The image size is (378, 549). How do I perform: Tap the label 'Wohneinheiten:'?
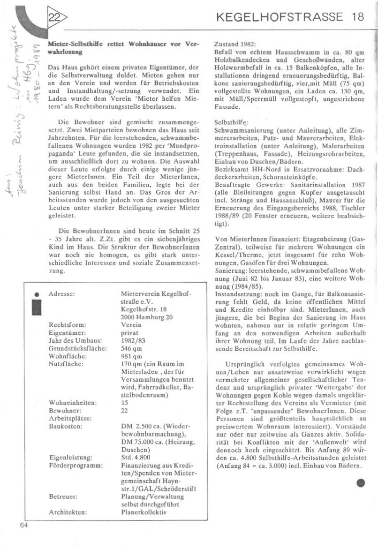coord(73,402)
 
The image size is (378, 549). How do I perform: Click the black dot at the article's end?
coord(360,482)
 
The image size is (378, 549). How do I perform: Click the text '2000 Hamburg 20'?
coord(146,317)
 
